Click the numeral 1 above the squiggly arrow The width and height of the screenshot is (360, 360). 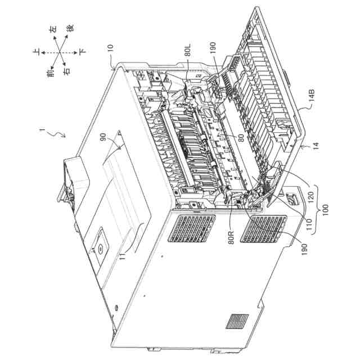click(41, 129)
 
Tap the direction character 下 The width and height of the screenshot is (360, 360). click(83, 51)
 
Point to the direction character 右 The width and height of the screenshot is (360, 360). click(66, 72)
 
